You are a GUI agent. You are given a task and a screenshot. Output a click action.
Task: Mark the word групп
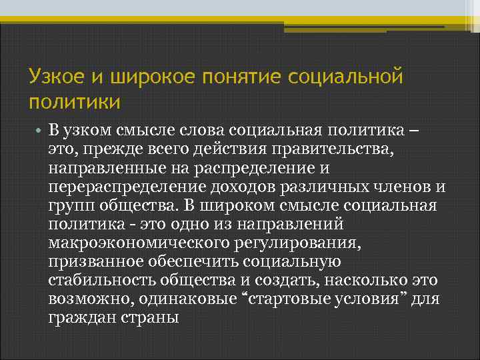[69, 204]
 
